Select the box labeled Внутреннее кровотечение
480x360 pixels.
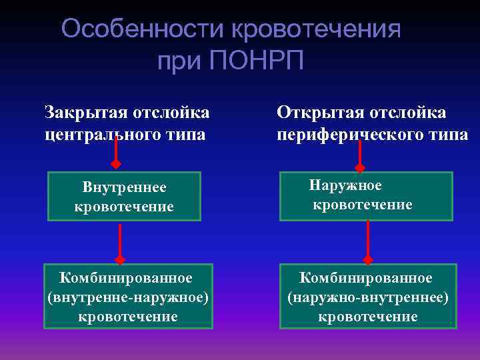coord(124,197)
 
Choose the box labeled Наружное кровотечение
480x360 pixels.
coord(365,196)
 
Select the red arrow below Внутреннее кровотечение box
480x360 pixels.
coord(120,243)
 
